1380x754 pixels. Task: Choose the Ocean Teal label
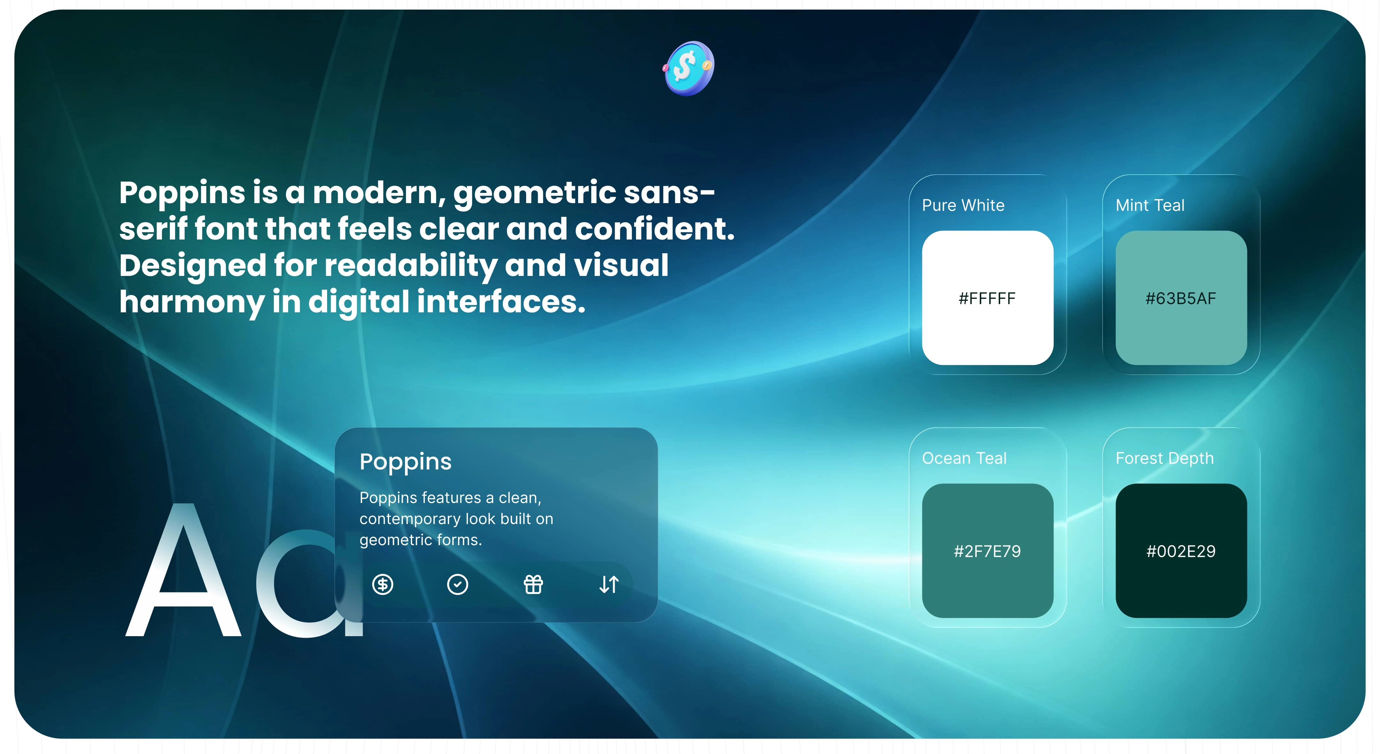click(964, 458)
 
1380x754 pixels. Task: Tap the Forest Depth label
click(1165, 458)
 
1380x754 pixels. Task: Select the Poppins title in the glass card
click(406, 461)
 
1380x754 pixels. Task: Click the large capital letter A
click(183, 570)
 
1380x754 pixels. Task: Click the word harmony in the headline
click(192, 302)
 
